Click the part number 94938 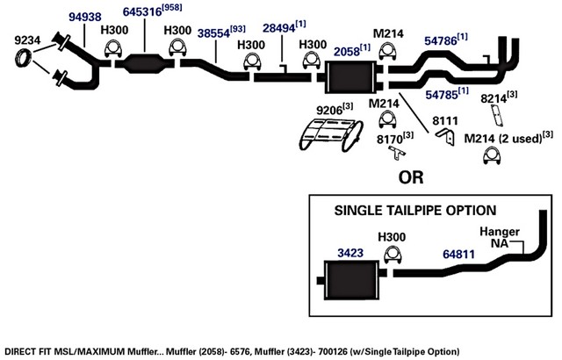(85, 17)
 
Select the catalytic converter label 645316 (142, 11)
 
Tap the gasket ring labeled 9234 (24, 59)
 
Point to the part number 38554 (213, 33)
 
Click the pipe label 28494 (279, 28)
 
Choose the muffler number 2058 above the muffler (347, 52)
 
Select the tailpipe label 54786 (441, 41)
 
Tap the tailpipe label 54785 (442, 95)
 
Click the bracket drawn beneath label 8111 (446, 136)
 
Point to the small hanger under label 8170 (397, 154)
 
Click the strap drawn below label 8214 (496, 115)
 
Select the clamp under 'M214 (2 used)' (492, 156)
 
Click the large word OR (411, 177)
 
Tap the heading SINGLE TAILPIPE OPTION (415, 211)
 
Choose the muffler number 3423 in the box (350, 253)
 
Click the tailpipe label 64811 (458, 255)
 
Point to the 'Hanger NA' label (500, 237)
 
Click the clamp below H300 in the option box (393, 255)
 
